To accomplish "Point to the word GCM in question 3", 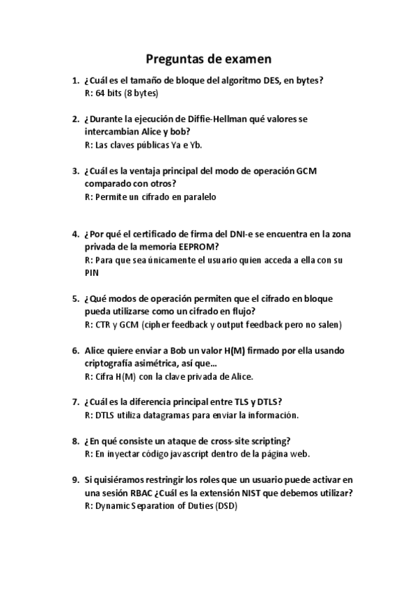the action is [x=306, y=171].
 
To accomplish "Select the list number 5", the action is [x=75, y=299].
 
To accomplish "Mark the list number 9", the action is [x=75, y=479].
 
